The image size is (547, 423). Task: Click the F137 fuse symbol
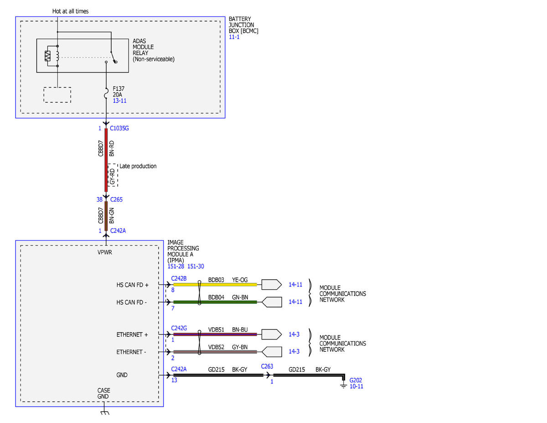(106, 93)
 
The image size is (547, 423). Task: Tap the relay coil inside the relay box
(57, 56)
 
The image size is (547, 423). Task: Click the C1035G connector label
(119, 128)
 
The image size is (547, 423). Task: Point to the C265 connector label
(116, 199)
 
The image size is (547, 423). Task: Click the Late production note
(138, 166)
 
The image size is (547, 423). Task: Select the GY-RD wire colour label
(112, 176)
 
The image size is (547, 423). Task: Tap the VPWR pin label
(105, 252)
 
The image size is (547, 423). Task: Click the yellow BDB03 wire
(215, 284)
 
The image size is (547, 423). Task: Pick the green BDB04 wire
(215, 302)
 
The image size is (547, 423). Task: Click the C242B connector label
(179, 278)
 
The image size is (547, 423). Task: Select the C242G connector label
(179, 328)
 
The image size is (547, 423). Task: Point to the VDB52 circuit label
(216, 347)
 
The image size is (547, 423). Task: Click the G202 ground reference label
(356, 380)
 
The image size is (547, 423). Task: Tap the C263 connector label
(267, 366)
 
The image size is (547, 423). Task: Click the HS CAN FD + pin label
(132, 285)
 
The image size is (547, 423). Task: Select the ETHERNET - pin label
(131, 352)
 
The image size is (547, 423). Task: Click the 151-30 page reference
(196, 266)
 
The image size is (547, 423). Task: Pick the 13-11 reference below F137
(119, 100)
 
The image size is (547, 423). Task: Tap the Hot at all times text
(71, 11)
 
